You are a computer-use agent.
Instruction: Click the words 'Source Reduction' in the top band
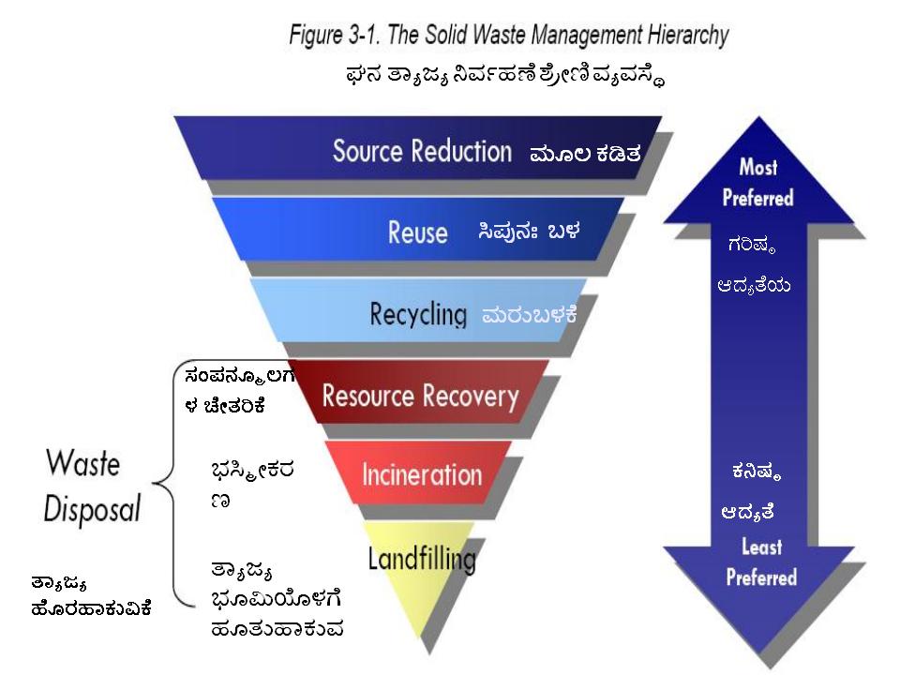422,151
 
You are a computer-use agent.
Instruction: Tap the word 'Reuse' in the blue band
417,232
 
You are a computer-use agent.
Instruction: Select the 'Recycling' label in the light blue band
418,315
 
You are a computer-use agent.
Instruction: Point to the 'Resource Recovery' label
420,397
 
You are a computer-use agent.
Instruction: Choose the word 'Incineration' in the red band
422,475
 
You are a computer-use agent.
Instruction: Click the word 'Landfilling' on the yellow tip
422,559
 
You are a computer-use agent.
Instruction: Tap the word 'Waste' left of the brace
83,462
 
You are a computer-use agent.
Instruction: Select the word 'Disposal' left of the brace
93,508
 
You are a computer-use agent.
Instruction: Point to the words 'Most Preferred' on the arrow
757,183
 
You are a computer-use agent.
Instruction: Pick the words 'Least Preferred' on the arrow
761,562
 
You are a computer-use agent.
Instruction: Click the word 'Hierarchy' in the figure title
688,35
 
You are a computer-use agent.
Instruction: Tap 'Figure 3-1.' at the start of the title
335,35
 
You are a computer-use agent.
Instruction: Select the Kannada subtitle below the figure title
505,76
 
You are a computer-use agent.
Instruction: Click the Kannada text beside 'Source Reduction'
585,154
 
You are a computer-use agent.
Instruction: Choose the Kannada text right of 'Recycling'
529,315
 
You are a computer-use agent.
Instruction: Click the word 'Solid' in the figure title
447,35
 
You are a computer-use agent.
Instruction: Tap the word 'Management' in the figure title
586,36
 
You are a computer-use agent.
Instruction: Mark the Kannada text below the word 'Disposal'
91,597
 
